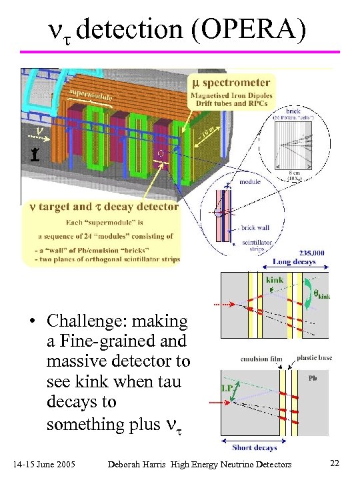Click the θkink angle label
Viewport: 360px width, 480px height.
coord(317,291)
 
